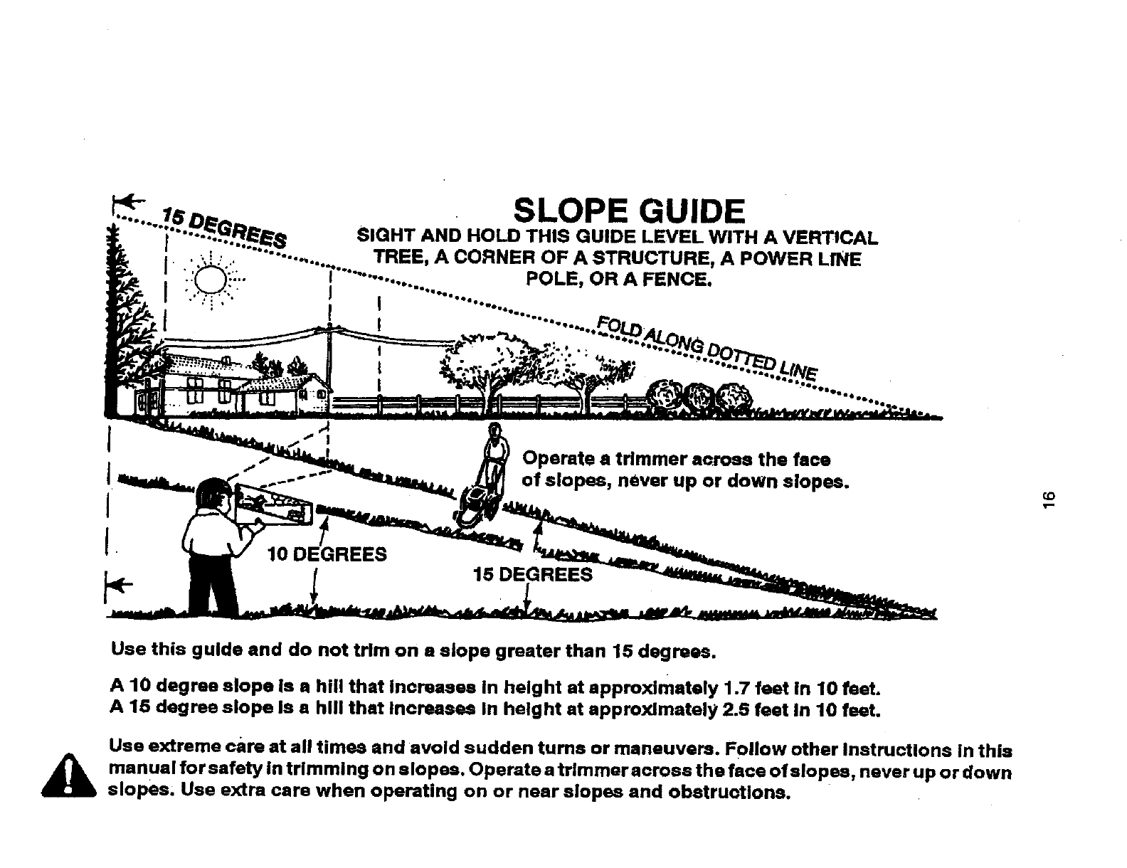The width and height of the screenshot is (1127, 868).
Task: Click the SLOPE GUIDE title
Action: (629, 211)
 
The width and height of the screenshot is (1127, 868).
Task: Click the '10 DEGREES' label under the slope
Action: (327, 554)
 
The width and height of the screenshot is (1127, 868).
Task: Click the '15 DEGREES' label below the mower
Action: (533, 574)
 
